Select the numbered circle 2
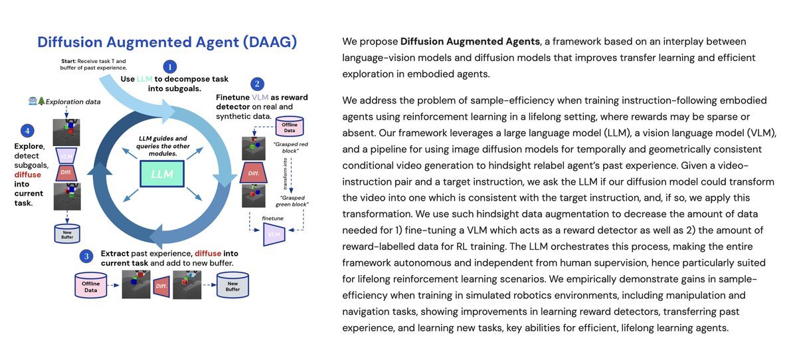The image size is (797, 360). (x=256, y=84)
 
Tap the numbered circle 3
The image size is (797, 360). (x=86, y=256)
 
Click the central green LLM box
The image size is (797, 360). (x=163, y=174)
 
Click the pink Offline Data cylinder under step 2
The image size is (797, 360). (x=290, y=126)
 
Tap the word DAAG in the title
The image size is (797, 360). (x=268, y=43)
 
